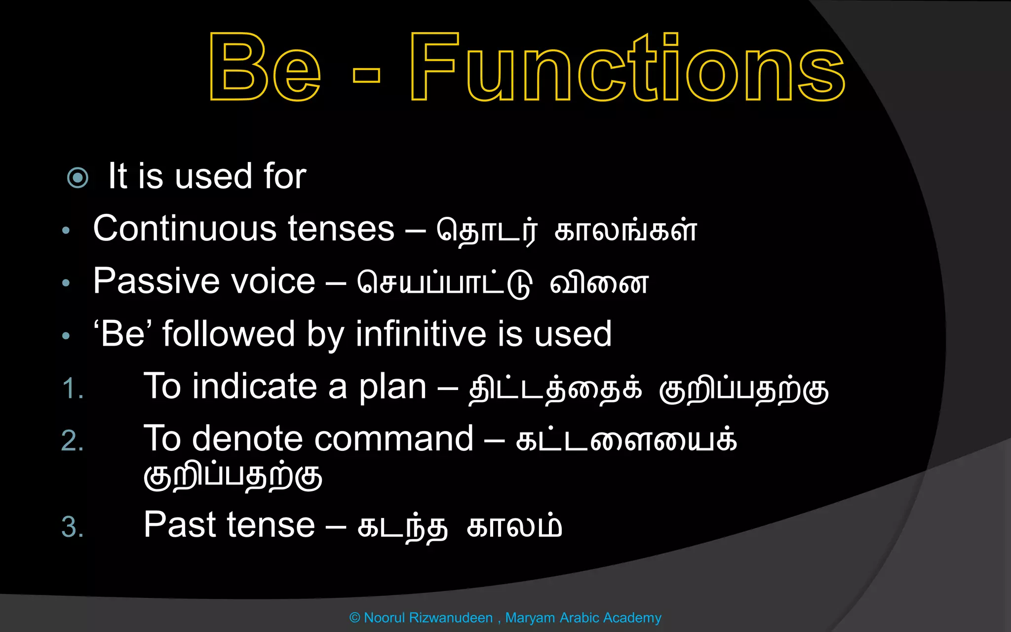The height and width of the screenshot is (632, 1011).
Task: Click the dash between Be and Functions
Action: point(366,75)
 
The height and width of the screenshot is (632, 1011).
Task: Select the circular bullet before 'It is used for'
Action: point(78,178)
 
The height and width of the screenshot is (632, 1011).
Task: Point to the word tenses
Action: point(341,229)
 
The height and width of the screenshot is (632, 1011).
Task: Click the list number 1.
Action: point(73,388)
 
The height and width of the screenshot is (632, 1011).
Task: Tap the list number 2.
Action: point(73,440)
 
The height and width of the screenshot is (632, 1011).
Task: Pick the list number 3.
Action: point(73,527)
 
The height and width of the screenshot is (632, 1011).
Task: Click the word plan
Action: point(392,387)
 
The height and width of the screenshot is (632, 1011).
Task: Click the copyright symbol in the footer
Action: point(354,618)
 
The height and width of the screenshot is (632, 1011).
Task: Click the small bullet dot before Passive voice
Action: point(66,283)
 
